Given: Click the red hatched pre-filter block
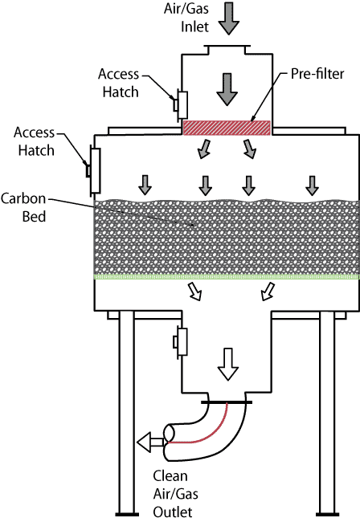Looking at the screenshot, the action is coord(227,128).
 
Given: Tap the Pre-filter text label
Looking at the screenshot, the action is coord(317,74).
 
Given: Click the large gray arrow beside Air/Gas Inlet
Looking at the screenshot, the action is coord(229,18).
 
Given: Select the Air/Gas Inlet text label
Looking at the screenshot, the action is coord(186,18).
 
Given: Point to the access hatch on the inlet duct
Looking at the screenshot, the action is coord(181,105).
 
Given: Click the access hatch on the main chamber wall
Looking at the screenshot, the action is coord(94,171).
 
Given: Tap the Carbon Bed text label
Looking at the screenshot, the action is coord(23,207).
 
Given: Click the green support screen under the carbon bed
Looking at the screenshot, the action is coord(227,276).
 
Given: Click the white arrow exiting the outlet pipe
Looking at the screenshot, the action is coord(150,442).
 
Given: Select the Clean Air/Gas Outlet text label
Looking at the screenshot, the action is coord(175,494).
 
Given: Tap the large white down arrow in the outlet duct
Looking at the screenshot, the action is coord(227,364).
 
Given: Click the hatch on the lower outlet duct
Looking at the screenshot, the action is coord(180,342).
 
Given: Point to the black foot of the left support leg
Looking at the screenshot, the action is coord(127,514).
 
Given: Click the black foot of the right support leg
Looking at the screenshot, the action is coord(327,514).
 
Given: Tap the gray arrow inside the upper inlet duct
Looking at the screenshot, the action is coord(227,90).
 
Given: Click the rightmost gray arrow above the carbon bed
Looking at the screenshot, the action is coord(312,186).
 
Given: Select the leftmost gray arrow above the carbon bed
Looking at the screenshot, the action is coord(145,185).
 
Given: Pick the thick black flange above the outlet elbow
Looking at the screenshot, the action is coord(227,402).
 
